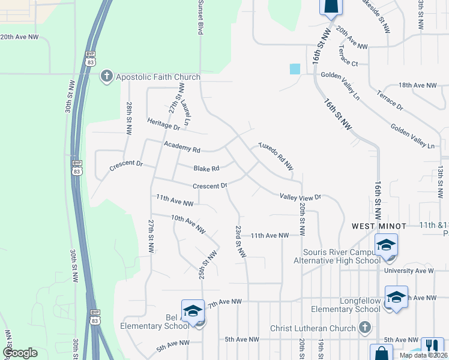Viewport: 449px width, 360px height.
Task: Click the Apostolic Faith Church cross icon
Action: point(107,76)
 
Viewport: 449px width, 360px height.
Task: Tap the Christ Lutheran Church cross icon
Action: point(364,327)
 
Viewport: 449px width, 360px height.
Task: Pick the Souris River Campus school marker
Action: point(387,246)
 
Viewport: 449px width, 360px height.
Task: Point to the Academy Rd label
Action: point(182,148)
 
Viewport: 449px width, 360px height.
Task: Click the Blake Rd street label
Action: point(206,169)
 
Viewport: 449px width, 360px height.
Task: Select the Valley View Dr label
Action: point(301,196)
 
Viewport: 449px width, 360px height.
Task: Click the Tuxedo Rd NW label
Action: point(276,155)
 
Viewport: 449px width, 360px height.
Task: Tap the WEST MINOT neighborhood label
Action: point(379,226)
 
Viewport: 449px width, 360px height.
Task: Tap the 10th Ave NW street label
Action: point(188,224)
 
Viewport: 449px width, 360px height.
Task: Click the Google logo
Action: point(20,352)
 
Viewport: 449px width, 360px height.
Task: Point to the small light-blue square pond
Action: point(294,69)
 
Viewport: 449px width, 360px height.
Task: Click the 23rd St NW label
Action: point(240,242)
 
